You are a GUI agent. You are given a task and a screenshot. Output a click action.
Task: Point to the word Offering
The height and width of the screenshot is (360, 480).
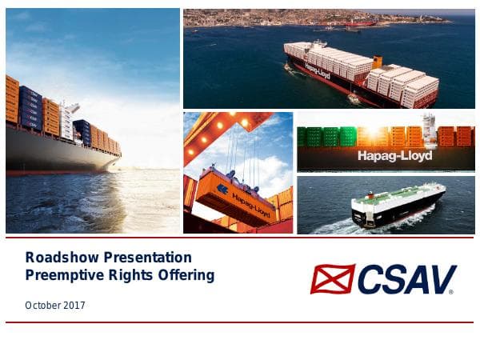[186, 275]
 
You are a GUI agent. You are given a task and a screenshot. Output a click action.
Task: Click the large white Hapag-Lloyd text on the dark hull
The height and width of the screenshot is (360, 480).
[395, 155]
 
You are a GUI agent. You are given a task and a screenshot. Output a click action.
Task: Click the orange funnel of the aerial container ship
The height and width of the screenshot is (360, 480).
[377, 61]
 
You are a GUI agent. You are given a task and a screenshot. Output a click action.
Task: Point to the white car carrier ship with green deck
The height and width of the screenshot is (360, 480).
[398, 206]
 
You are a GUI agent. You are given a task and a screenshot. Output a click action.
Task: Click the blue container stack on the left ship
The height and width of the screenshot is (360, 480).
[30, 108]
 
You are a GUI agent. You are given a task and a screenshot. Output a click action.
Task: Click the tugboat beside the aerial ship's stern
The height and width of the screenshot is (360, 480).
[353, 100]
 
